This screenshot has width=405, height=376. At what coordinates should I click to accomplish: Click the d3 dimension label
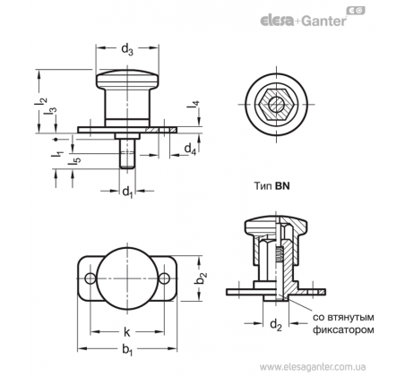[127, 49]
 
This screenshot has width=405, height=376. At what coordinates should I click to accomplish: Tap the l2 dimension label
[40, 101]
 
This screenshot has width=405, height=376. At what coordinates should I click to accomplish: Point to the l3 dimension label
[50, 111]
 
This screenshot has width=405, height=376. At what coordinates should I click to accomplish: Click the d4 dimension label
[190, 149]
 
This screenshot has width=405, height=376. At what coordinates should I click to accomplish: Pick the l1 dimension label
[57, 154]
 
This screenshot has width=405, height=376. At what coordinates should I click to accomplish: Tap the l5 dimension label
[73, 160]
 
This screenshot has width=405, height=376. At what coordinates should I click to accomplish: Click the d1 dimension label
[127, 192]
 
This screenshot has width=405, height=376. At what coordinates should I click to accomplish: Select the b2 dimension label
[201, 278]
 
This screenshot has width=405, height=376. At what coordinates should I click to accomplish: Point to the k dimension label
[127, 332]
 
